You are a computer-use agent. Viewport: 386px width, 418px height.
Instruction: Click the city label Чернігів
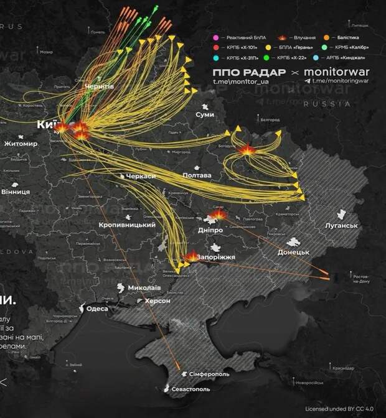point(99,86)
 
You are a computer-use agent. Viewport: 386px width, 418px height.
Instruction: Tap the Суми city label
point(205,115)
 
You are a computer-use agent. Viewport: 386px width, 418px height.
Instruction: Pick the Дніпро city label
point(210,230)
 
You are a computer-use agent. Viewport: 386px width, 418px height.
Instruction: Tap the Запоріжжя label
point(215,256)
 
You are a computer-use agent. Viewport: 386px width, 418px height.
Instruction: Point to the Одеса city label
point(98,309)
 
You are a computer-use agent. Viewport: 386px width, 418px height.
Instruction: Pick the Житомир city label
point(21,144)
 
